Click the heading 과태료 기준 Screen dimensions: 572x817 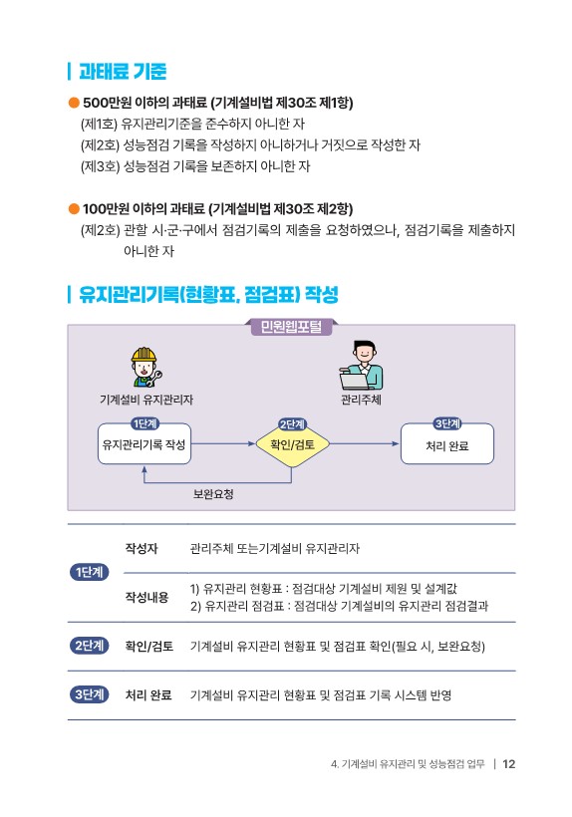pyautogui.click(x=123, y=72)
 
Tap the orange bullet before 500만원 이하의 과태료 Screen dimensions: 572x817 pyautogui.click(x=74, y=103)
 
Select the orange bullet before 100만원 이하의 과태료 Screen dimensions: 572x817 pyautogui.click(x=74, y=209)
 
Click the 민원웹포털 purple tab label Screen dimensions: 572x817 pyautogui.click(x=291, y=327)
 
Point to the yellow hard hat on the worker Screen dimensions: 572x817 pyautogui.click(x=143, y=355)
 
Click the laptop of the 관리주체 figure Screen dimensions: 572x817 pyautogui.click(x=355, y=381)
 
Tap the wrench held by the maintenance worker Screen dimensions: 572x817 pyautogui.click(x=154, y=379)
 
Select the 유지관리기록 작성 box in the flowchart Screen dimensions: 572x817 pyautogui.click(x=144, y=444)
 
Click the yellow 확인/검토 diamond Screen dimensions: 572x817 pyautogui.click(x=292, y=444)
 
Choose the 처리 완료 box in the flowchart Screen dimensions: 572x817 pyautogui.click(x=447, y=444)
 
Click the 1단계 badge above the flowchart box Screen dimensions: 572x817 pyautogui.click(x=144, y=423)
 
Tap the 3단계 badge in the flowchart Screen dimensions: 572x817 pyautogui.click(x=447, y=423)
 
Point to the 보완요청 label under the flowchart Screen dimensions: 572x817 pyautogui.click(x=213, y=494)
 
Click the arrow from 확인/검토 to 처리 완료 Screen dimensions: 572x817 pyautogui.click(x=364, y=444)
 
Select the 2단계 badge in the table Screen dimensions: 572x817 pyautogui.click(x=89, y=646)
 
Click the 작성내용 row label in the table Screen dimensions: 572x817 pyautogui.click(x=146, y=597)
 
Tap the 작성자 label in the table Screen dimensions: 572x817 pyautogui.click(x=142, y=548)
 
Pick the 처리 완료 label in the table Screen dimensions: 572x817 pyautogui.click(x=148, y=694)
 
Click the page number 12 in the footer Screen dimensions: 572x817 pyautogui.click(x=508, y=764)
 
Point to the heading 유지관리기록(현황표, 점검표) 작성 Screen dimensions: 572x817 pyautogui.click(x=208, y=294)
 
